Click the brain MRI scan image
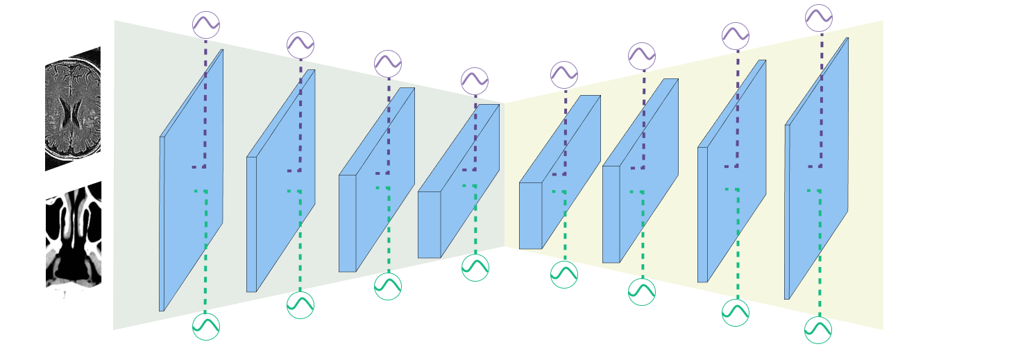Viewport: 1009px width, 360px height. click(x=73, y=110)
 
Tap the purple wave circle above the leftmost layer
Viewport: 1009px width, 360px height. click(x=206, y=25)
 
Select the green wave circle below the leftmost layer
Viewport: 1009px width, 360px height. click(x=206, y=327)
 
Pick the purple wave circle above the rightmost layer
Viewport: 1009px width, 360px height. click(x=819, y=18)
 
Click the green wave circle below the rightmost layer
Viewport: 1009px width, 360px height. click(x=818, y=330)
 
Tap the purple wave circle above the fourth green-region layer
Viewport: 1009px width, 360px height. click(x=475, y=81)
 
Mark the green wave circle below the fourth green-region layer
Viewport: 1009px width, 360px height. click(x=475, y=268)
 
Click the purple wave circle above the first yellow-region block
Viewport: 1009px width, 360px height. click(x=564, y=75)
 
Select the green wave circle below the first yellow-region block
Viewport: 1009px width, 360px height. click(x=564, y=275)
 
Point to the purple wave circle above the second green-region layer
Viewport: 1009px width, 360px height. click(x=300, y=45)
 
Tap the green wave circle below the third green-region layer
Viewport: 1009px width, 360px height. click(x=388, y=286)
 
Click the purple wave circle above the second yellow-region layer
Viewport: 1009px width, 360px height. click(x=642, y=56)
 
